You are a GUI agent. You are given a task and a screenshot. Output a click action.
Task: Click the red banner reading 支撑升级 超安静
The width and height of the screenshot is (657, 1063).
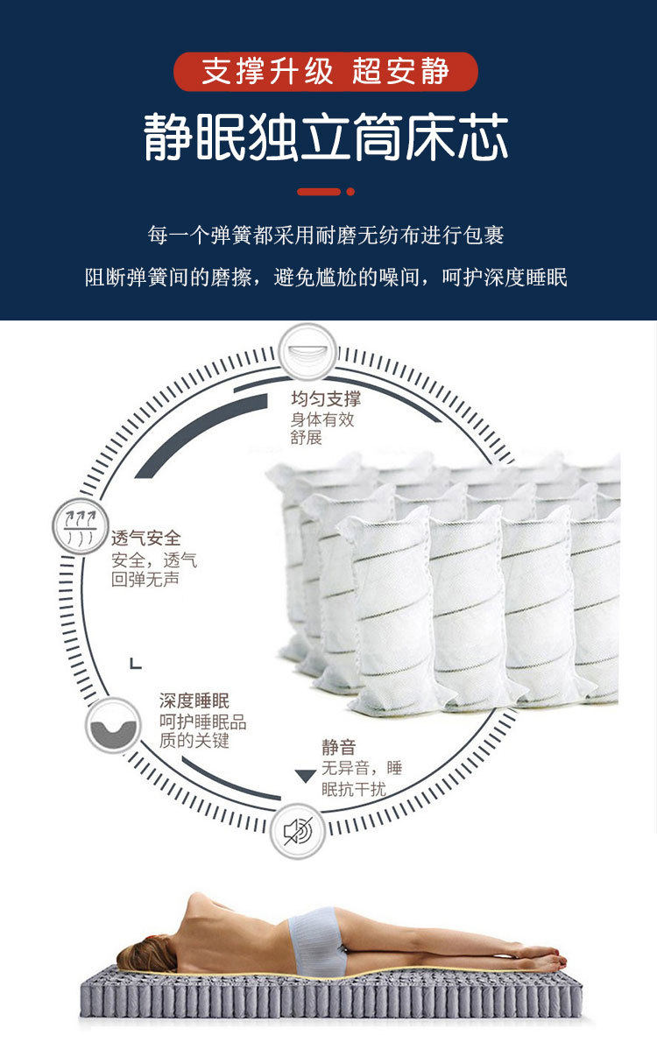coord(326,72)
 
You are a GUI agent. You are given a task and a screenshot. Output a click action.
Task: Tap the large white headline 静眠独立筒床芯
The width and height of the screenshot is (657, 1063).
coord(326,137)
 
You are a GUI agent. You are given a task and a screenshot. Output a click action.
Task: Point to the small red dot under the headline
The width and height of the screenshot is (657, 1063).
coord(350,191)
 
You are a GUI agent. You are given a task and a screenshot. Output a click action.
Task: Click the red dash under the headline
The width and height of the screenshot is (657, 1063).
coord(319,191)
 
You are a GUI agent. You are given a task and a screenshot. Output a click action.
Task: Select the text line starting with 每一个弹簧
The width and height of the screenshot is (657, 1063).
coord(326,236)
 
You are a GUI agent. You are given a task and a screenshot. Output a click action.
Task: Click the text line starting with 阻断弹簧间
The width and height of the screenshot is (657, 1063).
coord(326,278)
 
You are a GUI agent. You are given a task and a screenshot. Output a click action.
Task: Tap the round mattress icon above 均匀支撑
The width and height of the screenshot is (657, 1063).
coord(307,352)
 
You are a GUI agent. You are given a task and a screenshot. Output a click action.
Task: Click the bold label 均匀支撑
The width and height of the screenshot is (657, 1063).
coord(326,399)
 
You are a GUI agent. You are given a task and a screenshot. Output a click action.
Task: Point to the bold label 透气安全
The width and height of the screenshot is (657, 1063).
coord(145,538)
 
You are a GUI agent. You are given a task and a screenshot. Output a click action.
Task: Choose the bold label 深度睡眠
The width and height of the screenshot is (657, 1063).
coord(194,700)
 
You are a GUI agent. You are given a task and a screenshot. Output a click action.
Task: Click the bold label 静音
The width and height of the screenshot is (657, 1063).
coord(338,747)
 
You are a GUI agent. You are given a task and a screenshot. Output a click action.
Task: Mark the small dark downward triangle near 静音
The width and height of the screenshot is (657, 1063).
coord(305,776)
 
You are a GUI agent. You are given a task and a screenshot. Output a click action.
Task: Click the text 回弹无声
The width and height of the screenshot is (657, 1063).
coord(145,580)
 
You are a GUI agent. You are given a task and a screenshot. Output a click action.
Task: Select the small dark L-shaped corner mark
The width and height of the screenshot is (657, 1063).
coord(135,663)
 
